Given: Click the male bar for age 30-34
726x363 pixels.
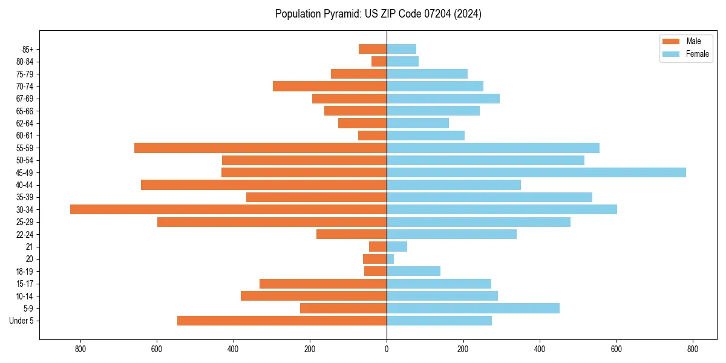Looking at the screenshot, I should tap(228, 209).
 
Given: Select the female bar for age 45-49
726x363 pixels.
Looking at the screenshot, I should tap(536, 172).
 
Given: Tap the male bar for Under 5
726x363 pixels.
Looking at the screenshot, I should tap(282, 321).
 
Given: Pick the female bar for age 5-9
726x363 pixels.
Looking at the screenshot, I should tap(473, 309).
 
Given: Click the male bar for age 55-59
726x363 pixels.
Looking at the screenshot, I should tap(260, 148).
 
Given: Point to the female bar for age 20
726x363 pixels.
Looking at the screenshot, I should tap(390, 259).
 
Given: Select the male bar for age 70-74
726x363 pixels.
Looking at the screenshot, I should tap(330, 86).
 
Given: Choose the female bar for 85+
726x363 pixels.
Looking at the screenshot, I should tap(401, 49).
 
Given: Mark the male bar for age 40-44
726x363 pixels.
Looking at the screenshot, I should tap(264, 185).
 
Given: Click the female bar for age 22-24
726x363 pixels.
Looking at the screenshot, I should tap(451, 234).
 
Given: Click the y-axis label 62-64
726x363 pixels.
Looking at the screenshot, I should tap(24, 123).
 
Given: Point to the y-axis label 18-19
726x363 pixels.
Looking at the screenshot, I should tap(24, 272).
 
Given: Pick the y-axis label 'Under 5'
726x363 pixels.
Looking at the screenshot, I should tap(22, 321).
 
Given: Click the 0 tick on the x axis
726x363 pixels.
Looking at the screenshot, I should tap(387, 349).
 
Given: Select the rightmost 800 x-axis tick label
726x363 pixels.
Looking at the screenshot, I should tap(693, 349).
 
